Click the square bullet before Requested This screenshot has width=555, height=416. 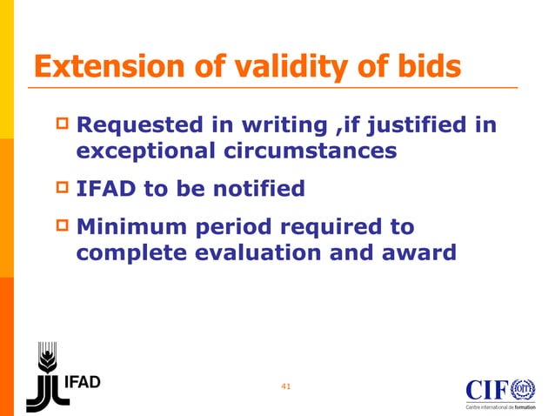pyautogui.click(x=62, y=125)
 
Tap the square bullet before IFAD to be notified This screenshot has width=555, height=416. pyautogui.click(x=62, y=187)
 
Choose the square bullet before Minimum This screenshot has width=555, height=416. pyautogui.click(x=62, y=226)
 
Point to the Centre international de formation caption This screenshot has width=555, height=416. pyautogui.click(x=500, y=406)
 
